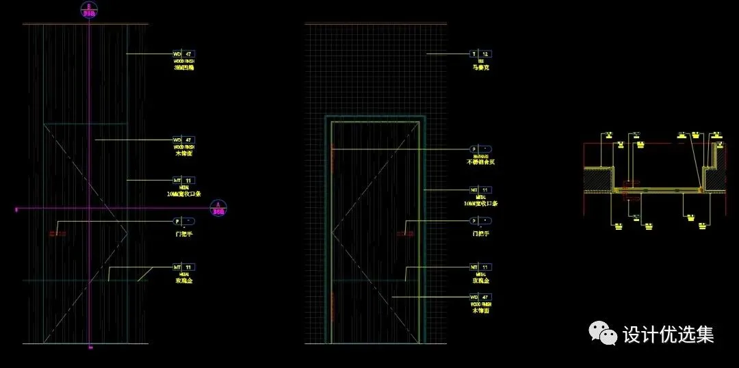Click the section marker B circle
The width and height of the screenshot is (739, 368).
(88, 11)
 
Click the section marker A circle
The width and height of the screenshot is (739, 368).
(218, 208)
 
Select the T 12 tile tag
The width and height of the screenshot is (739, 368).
(481, 53)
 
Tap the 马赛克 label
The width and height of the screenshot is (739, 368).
(481, 68)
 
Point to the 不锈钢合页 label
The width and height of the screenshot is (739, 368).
(481, 163)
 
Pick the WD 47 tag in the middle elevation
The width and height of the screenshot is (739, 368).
(481, 297)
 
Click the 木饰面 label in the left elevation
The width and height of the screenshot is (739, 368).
(184, 154)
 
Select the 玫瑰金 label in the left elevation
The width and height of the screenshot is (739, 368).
(184, 281)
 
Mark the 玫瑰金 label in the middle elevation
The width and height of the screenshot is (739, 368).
(481, 281)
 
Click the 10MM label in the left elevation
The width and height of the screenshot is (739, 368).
(184, 194)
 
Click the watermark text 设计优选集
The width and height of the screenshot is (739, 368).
(668, 334)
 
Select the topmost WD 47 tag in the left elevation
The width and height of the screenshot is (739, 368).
(184, 53)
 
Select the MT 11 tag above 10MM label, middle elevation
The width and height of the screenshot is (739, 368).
(481, 190)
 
